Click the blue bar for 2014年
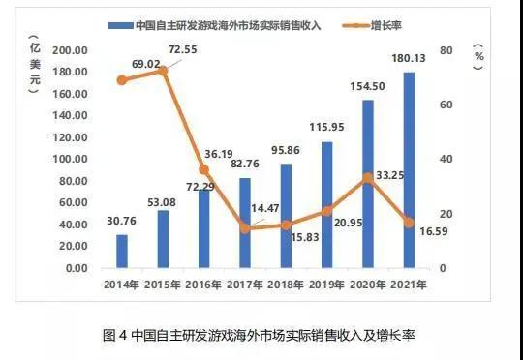point(121,251)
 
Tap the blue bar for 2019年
point(326,204)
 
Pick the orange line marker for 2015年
point(163,71)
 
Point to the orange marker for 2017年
point(244,227)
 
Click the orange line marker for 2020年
point(368,177)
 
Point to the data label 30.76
point(121,223)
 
